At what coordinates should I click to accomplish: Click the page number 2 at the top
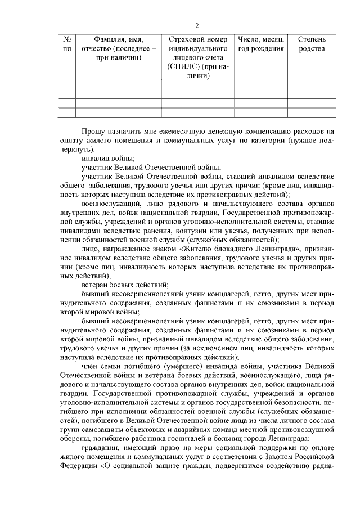tap(197, 25)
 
